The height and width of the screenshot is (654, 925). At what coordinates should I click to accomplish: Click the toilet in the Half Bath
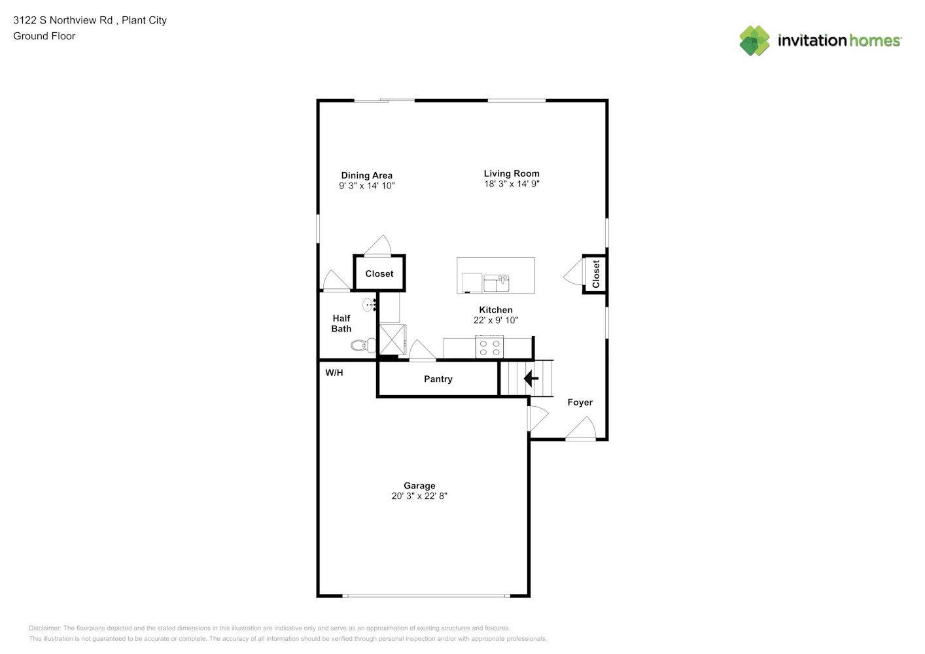pos(364,345)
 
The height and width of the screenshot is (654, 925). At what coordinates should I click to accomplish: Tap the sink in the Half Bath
pos(370,305)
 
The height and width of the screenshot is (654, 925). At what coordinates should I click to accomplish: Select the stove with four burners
pos(489,347)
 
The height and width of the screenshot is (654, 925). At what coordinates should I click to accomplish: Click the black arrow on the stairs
pos(531,378)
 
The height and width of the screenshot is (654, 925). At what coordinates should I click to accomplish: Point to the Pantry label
pos(438,379)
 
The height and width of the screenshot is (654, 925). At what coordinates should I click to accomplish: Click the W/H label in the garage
pos(334,373)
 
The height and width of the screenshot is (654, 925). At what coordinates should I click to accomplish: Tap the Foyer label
pos(580,402)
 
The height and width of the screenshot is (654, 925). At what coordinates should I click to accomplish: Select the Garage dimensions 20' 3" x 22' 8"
pos(419,496)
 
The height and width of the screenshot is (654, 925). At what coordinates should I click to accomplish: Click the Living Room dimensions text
pos(512,184)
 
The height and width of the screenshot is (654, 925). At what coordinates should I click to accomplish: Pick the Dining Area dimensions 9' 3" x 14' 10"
pos(367,186)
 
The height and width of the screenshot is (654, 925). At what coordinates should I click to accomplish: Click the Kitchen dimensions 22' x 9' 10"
pos(496,320)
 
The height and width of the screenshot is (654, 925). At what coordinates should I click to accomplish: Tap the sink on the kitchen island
pos(497,283)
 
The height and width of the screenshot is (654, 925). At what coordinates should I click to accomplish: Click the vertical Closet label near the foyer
pos(595,274)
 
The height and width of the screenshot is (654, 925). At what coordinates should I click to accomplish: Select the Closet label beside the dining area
pos(379,274)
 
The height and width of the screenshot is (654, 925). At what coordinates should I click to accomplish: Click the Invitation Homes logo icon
pos(754,41)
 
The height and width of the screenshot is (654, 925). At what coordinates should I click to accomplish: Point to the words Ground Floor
pos(44,36)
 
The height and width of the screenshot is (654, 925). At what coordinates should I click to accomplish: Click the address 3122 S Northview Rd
pos(63,20)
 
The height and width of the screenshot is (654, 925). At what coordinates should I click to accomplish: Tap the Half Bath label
pos(341,324)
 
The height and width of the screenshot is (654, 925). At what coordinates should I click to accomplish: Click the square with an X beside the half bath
pos(392,340)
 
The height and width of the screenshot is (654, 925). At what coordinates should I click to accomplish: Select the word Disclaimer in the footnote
pos(44,628)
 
